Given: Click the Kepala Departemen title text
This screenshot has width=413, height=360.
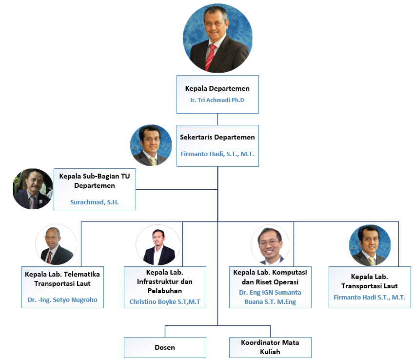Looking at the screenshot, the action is click(x=217, y=88).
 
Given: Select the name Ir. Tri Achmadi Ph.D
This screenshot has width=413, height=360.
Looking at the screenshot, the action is click(x=217, y=100).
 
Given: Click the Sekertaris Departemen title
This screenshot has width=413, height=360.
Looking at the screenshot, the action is click(x=217, y=137).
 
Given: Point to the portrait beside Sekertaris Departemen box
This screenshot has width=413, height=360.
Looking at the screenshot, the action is click(x=151, y=145).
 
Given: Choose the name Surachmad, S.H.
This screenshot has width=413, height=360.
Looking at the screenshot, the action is click(x=95, y=202).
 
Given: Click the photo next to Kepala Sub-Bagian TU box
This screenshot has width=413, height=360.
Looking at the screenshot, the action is click(x=33, y=189).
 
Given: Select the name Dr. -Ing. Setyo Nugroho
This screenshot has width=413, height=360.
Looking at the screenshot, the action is click(x=62, y=300).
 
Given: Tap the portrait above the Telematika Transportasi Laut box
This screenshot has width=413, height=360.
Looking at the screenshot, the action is click(x=56, y=244).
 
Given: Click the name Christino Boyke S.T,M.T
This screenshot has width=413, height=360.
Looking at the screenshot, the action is click(x=165, y=301).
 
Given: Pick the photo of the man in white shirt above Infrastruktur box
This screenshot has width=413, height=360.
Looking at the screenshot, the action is click(x=158, y=245).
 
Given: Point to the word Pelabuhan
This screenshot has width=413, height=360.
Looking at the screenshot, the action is click(x=165, y=291).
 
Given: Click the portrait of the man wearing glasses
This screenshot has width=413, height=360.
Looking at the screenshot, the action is click(x=270, y=245).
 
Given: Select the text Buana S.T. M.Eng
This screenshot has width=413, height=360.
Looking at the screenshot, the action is click(x=270, y=301).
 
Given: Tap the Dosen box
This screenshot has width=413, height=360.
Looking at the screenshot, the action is click(x=165, y=347).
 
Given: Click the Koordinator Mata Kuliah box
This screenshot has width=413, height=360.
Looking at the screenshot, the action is click(x=270, y=347).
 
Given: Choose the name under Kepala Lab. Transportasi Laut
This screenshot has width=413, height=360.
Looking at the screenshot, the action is click(x=370, y=297).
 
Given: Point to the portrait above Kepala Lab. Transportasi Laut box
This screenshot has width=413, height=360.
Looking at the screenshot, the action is click(x=370, y=245).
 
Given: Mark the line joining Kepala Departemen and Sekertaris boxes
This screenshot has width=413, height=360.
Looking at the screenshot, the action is click(x=217, y=120).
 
